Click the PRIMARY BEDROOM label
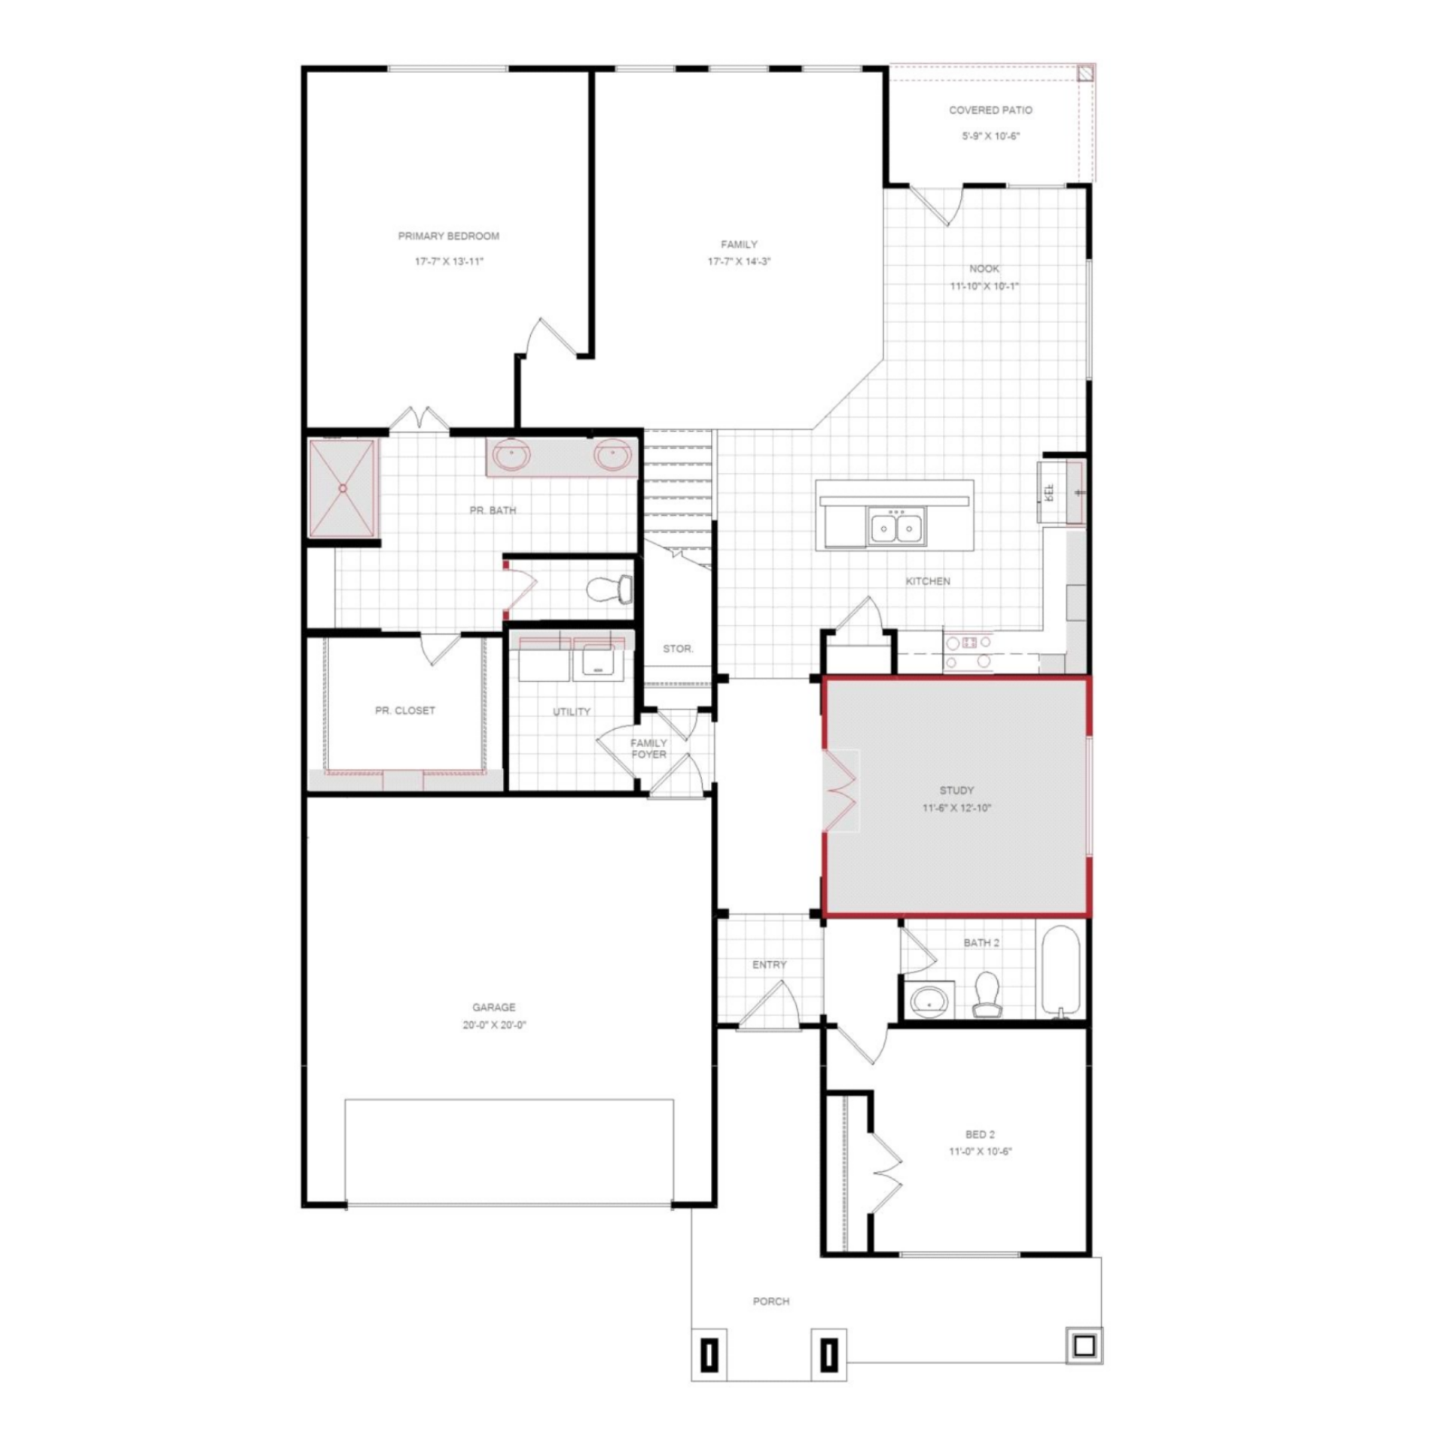(448, 236)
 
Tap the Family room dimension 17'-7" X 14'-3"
(739, 262)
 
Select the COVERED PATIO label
(990, 110)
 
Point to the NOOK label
(984, 269)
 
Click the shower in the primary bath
(343, 488)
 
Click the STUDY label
(956, 790)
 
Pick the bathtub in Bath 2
(1061, 972)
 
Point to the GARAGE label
(494, 1007)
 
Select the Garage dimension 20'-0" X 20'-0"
(494, 1025)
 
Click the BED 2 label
(981, 1134)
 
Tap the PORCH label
(771, 1301)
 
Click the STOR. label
(678, 648)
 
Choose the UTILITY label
(572, 712)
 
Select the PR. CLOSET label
(405, 710)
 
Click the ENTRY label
(769, 965)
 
